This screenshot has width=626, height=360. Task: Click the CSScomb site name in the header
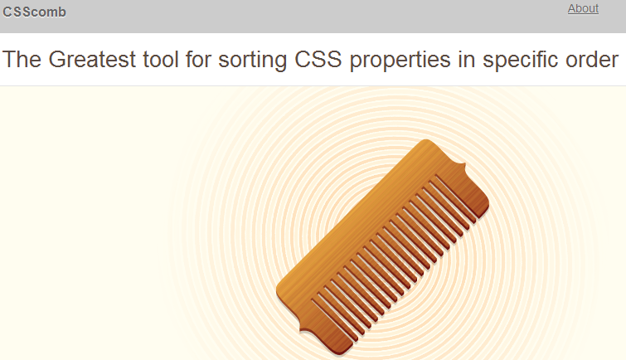click(35, 12)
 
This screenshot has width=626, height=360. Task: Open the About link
click(583, 8)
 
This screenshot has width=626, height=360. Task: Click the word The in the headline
click(22, 60)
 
